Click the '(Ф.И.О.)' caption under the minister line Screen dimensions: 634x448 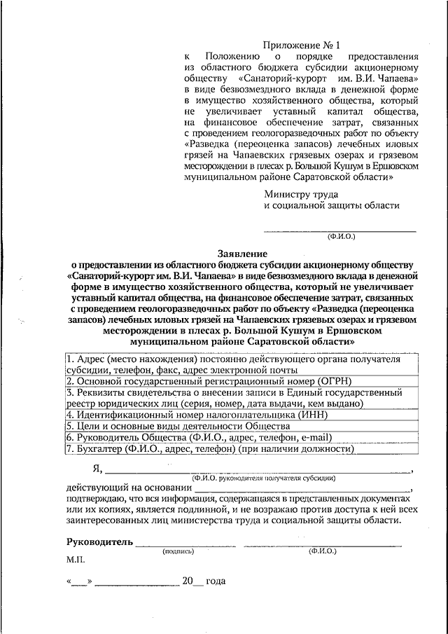click(x=341, y=236)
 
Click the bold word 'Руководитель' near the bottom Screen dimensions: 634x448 click(x=99, y=542)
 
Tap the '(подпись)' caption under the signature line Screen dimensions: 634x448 click(x=178, y=551)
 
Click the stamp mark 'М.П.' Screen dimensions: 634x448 click(x=76, y=561)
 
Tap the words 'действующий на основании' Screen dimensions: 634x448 click(x=128, y=488)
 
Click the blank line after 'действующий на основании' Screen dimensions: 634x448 click(x=302, y=490)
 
